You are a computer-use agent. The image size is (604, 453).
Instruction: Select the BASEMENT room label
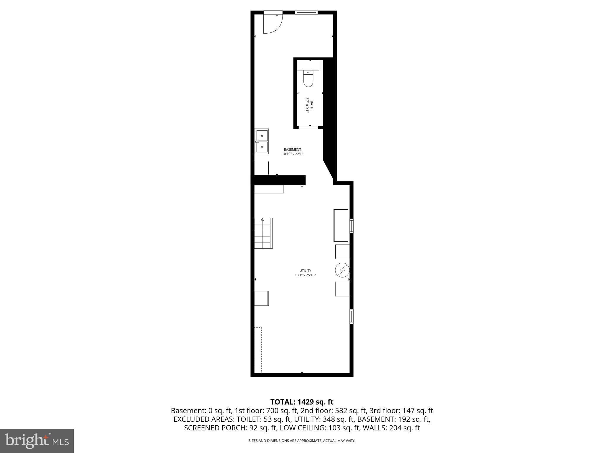tap(292, 150)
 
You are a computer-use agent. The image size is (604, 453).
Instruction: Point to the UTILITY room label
tap(305, 270)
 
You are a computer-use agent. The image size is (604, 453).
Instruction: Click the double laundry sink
tap(262, 141)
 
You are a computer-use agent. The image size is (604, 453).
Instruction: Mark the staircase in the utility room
tap(263, 233)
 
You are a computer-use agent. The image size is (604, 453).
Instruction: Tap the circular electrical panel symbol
tap(342, 270)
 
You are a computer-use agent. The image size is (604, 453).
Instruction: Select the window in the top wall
tap(306, 12)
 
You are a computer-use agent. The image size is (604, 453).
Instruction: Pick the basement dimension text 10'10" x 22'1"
tap(292, 154)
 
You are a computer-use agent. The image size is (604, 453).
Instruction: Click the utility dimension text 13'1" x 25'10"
tap(305, 275)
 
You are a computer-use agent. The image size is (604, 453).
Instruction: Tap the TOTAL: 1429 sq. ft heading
tap(302, 402)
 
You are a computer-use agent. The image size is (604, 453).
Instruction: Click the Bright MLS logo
tap(37, 441)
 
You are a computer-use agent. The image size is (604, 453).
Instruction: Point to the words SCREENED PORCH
tap(214, 428)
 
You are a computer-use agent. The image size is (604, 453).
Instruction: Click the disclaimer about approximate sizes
tap(302, 441)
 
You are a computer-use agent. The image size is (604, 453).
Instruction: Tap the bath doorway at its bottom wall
tap(308, 127)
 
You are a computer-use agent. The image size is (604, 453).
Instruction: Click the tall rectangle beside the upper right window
tap(341, 225)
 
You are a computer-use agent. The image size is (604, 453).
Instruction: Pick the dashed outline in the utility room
tap(258, 350)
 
